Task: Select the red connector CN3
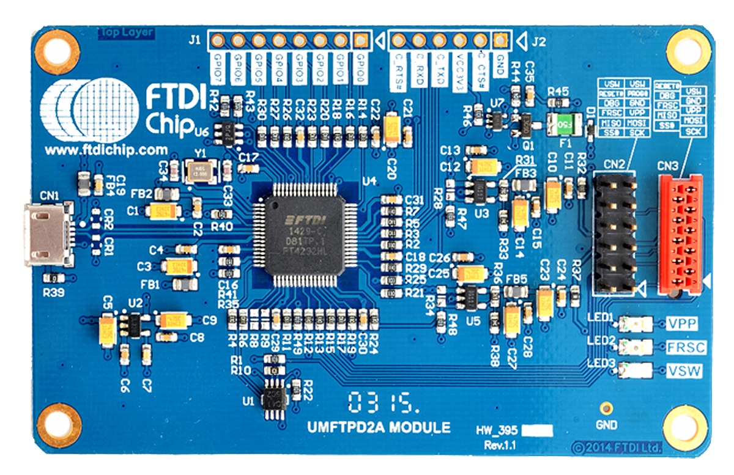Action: click(x=680, y=232)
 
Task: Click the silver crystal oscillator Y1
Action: click(x=199, y=171)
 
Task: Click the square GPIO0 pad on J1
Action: click(x=361, y=41)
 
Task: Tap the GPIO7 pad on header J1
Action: click(x=217, y=41)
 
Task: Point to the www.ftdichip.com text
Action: click(x=106, y=150)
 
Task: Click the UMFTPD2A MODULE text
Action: click(x=379, y=427)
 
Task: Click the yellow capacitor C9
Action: click(x=173, y=319)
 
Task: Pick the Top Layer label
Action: click(x=126, y=32)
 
